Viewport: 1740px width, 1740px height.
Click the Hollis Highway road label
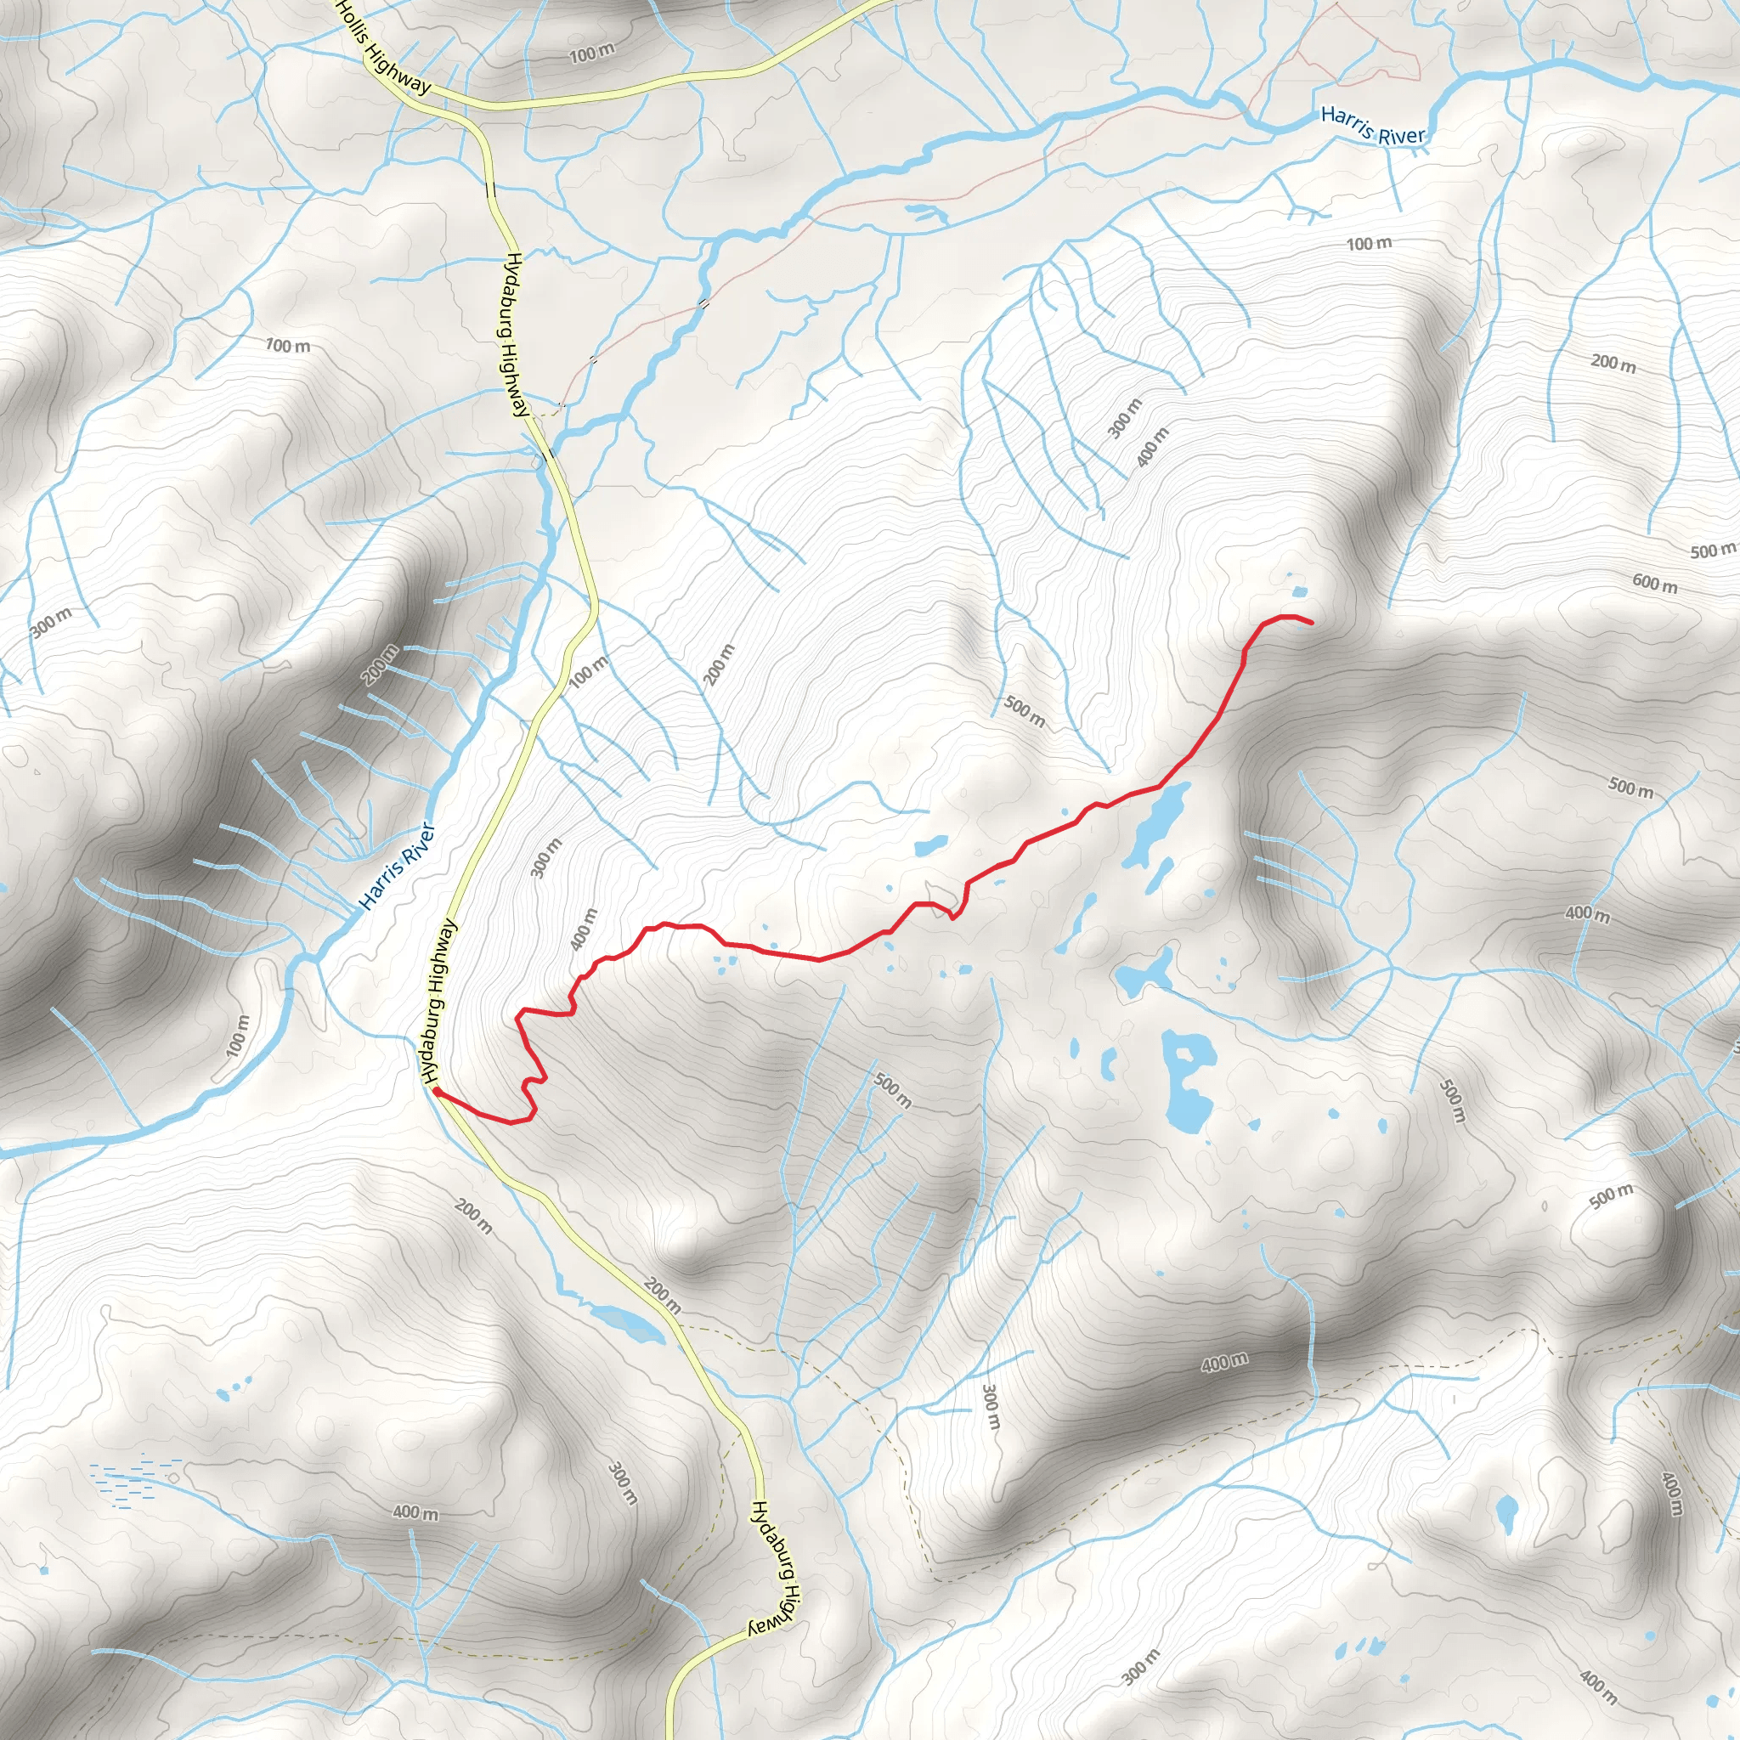point(385,48)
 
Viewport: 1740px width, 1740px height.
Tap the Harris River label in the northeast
point(1373,126)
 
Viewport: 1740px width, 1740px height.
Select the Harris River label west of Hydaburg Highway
point(397,866)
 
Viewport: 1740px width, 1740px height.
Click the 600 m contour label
point(1655,584)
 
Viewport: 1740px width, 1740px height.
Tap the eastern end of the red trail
point(1310,622)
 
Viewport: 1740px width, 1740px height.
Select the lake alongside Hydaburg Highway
point(627,1321)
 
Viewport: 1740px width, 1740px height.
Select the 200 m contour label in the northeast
point(1613,363)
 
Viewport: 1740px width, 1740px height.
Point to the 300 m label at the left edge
point(51,621)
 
